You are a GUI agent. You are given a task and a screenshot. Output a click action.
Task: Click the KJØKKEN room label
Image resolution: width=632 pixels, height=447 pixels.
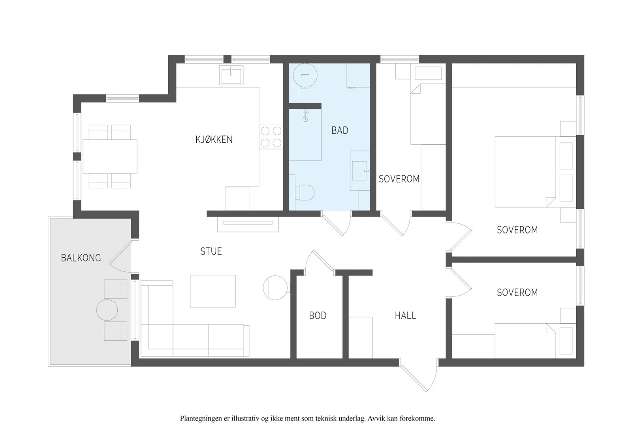click(x=214, y=140)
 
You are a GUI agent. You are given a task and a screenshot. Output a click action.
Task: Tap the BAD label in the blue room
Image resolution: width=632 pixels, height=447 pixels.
click(x=340, y=130)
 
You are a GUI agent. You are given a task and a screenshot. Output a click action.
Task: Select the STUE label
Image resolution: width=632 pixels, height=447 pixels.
click(x=211, y=251)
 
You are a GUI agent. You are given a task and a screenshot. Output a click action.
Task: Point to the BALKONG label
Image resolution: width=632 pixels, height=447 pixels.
click(x=81, y=258)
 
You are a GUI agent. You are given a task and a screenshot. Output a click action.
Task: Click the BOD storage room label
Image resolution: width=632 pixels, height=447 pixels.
click(x=318, y=315)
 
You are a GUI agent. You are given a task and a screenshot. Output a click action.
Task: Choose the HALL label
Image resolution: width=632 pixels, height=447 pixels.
click(x=405, y=315)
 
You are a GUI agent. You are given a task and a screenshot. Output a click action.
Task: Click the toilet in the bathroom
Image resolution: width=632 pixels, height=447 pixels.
click(x=304, y=192)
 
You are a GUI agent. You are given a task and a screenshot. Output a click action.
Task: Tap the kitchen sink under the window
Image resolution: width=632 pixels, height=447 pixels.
click(x=231, y=75)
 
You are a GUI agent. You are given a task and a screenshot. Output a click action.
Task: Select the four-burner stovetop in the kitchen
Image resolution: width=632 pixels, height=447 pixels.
click(x=271, y=137)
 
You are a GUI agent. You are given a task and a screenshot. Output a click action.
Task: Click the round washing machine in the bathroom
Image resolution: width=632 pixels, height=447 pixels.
click(x=305, y=75)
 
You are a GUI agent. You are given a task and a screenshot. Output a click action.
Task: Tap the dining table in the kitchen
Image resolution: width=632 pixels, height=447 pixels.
click(x=110, y=157)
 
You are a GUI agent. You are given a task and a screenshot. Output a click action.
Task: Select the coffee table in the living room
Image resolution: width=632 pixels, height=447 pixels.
click(x=213, y=291)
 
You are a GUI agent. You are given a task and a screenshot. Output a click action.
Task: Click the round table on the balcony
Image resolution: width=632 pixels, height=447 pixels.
click(x=107, y=310)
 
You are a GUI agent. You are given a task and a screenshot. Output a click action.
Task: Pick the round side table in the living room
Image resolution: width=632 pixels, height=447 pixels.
click(x=275, y=288)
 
